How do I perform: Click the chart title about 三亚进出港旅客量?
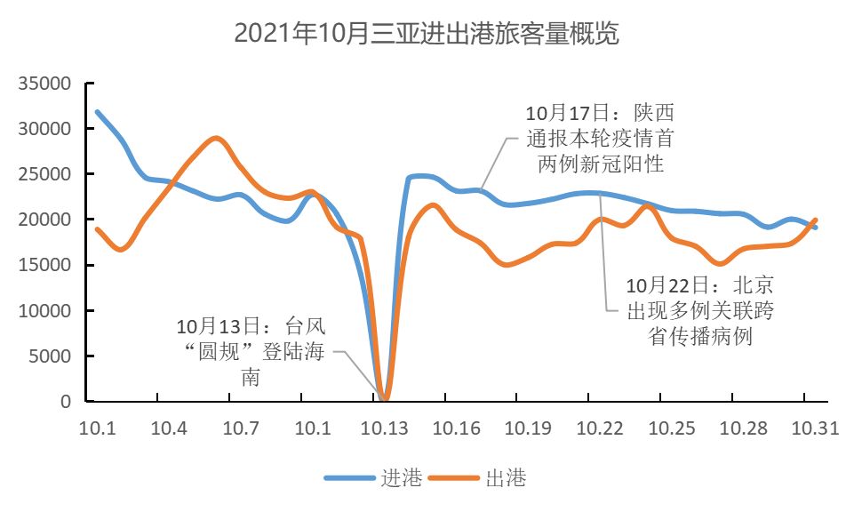click(x=426, y=34)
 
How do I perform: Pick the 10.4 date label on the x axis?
click(x=169, y=428)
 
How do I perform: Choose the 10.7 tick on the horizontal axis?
click(x=241, y=428)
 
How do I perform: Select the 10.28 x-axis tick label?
click(x=743, y=428)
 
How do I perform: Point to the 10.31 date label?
click(x=815, y=428)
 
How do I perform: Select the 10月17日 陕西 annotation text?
click(x=594, y=139)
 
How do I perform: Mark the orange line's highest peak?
click(x=215, y=138)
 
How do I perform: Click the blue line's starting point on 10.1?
click(x=97, y=112)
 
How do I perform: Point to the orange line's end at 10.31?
click(x=816, y=220)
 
